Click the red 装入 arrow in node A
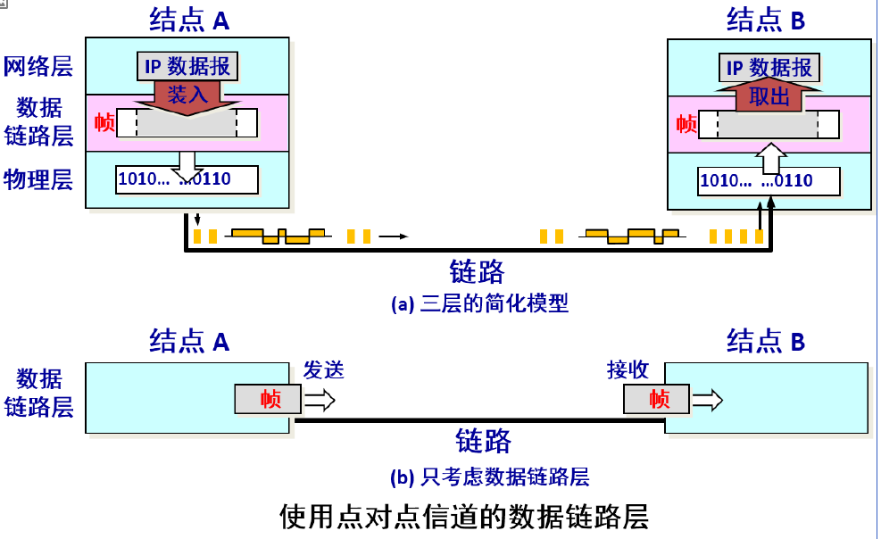coord(187,95)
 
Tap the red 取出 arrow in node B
coord(769,96)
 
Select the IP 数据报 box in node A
coord(187,65)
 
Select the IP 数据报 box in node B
coord(769,67)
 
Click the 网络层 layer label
coord(37,66)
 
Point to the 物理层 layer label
coord(37,179)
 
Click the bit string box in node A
coord(187,179)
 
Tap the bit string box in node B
coord(769,181)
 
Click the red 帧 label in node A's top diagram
coord(104,122)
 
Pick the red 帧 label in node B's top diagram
coord(686,123)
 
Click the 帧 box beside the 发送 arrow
coord(270,399)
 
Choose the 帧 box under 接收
coord(659,399)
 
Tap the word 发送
coord(323,370)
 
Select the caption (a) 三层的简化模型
coord(479,303)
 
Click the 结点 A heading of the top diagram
coord(189,18)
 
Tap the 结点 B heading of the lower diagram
coord(766,341)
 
